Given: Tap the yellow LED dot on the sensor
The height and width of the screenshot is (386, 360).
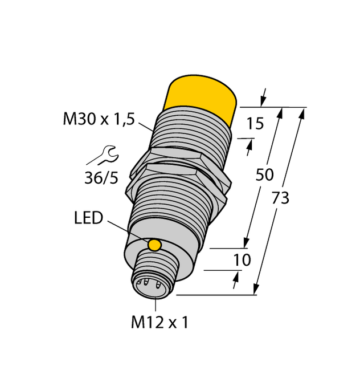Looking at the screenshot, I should coord(154,245).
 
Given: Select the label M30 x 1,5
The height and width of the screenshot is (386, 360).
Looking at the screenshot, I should coord(98,119).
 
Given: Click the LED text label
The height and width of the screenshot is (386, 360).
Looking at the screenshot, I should coord(88,218).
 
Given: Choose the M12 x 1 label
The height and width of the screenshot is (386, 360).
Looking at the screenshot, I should coord(159,323).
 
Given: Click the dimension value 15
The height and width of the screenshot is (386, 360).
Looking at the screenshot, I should coord(255,123).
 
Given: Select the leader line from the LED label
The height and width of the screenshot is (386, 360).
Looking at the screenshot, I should coord(126,231).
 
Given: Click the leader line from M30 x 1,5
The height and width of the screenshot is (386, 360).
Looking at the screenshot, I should coord(144,125).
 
